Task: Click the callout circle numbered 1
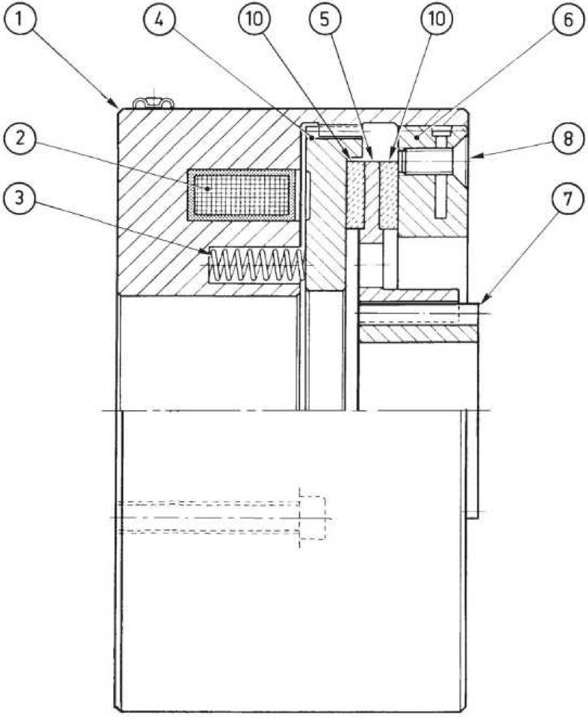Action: tap(19, 19)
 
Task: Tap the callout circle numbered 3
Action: tap(19, 197)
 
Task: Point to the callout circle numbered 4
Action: tap(159, 19)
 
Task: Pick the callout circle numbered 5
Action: tap(325, 19)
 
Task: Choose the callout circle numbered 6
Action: tap(568, 19)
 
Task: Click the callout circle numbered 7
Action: tap(568, 197)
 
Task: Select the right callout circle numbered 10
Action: tap(437, 19)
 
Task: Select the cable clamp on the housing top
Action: tap(154, 104)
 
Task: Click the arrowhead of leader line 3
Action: tap(207, 252)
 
